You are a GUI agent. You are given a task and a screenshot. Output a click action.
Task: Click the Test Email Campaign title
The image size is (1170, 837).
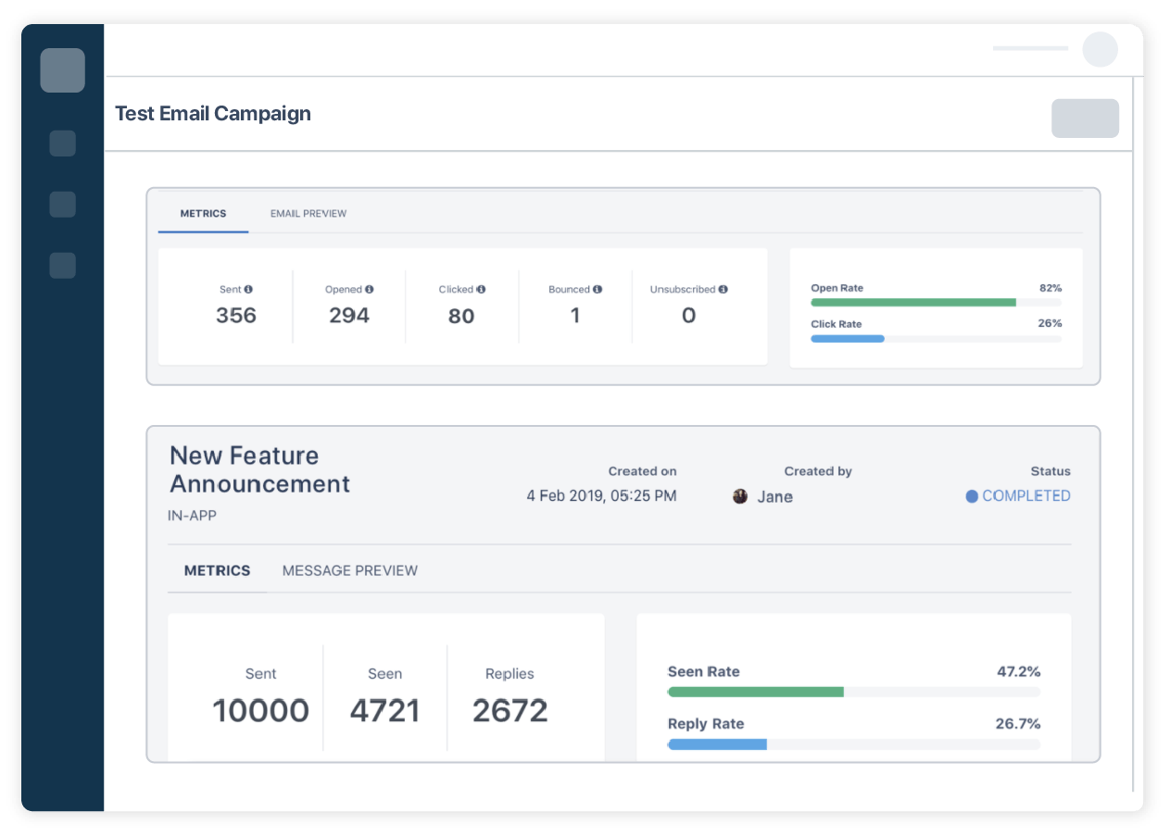point(213,114)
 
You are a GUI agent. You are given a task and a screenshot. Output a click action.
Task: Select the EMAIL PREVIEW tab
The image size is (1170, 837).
point(308,214)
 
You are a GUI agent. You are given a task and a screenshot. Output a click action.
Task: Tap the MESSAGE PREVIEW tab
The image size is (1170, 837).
point(349,570)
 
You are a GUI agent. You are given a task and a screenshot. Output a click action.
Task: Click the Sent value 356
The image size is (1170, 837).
point(236,316)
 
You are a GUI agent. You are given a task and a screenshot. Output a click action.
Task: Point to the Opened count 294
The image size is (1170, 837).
point(349,316)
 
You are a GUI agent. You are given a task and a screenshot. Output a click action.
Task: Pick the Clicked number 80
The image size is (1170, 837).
point(461,317)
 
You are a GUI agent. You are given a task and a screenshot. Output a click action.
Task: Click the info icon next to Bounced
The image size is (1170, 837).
point(598,290)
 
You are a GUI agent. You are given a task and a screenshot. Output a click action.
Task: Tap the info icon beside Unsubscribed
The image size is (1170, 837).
point(723,290)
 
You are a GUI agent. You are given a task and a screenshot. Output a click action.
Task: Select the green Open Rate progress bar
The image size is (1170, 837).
point(912,303)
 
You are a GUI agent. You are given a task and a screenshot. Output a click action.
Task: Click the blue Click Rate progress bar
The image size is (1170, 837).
point(848,339)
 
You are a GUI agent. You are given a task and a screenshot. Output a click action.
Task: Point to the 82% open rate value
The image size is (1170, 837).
point(1050,288)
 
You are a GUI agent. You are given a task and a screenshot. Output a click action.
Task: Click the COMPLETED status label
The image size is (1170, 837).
point(1025,496)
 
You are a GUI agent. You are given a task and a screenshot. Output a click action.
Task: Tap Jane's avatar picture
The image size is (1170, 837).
point(740,496)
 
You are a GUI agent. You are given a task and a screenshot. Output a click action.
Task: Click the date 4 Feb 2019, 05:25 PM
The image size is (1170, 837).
point(601,496)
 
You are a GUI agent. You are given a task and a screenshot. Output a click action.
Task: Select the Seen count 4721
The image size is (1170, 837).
point(384,711)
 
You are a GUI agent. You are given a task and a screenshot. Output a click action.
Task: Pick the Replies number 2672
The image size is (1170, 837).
point(510,711)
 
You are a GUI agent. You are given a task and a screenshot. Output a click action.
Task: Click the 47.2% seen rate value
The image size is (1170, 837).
point(1018,671)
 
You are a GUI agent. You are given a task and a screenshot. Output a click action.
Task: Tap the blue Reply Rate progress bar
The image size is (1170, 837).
point(718,744)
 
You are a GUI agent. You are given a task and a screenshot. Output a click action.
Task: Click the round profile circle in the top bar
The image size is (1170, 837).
point(1100,49)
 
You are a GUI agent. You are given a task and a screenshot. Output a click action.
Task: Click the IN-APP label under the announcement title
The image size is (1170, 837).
point(192,514)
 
